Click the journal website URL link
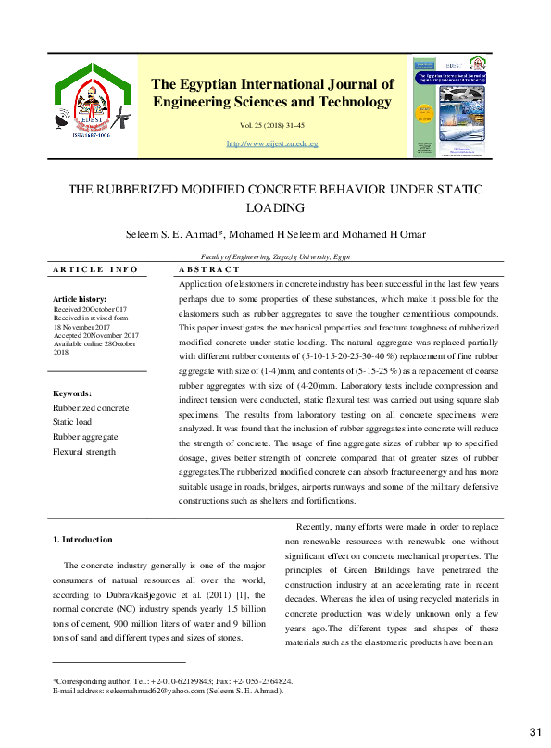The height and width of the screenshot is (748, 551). point(271,144)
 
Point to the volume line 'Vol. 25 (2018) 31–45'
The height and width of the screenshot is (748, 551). point(271,124)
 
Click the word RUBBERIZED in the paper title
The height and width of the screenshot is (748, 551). point(142,190)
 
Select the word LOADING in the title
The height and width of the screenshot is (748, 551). point(275,208)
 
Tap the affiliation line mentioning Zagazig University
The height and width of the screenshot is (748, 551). point(275,256)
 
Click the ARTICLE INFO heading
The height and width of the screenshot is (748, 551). point(95,269)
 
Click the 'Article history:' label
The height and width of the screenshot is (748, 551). point(80,299)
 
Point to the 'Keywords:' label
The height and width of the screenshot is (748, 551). point(71,393)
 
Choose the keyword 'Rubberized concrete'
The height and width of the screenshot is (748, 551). point(91,407)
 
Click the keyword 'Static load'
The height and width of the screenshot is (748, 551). point(73,422)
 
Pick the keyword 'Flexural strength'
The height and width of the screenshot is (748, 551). point(84,452)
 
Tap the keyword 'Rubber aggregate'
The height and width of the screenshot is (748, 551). point(85,437)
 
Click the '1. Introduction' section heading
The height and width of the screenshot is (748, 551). point(82,540)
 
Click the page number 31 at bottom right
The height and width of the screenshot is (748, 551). point(534,733)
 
